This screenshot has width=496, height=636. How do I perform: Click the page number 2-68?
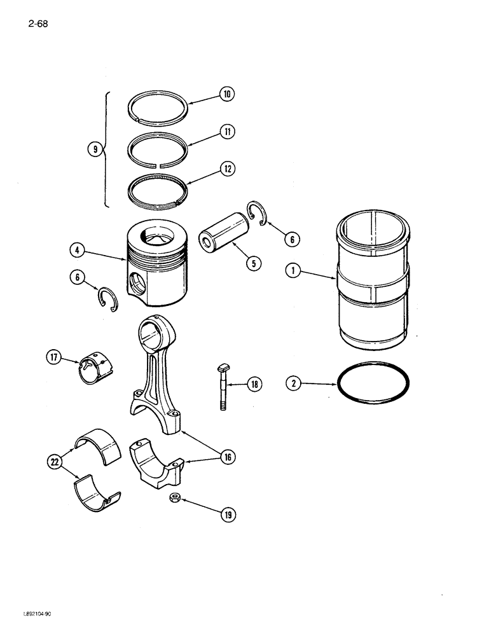pos(38,25)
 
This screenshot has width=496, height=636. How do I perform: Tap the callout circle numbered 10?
pos(226,95)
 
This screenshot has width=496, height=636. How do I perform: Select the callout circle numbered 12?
pos(227,169)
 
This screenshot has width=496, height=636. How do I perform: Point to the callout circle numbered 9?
pos(94,150)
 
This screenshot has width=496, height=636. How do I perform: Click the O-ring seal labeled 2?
pos(373,385)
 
